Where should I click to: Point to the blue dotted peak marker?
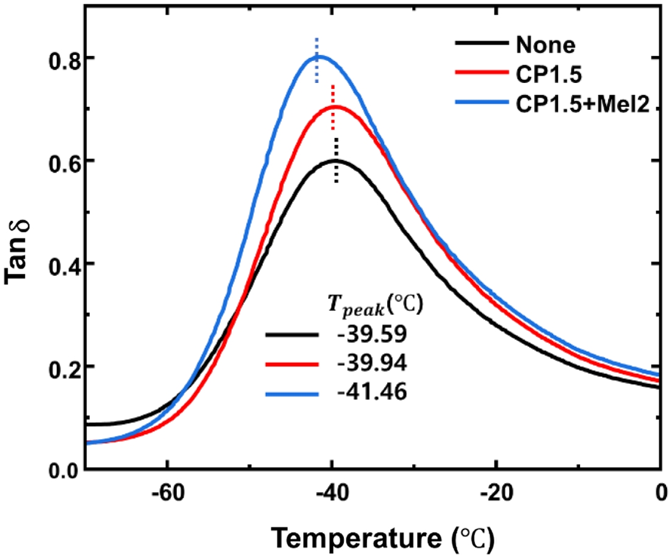316,60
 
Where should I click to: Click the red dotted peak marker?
332,107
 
